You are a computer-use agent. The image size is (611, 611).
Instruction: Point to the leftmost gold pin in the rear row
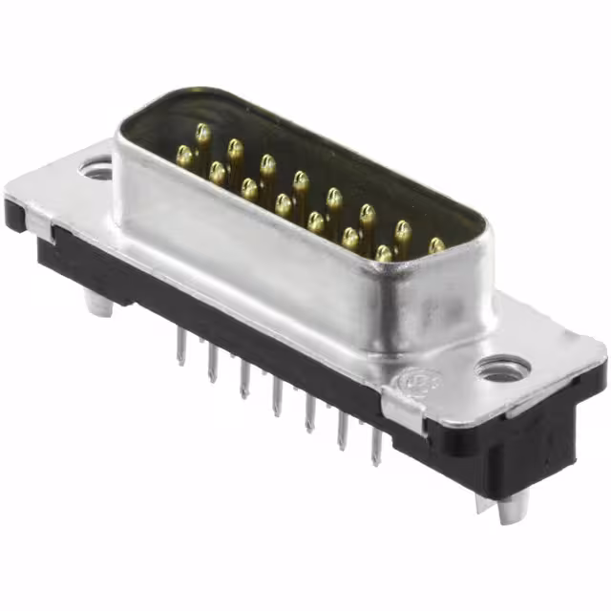tap(202, 133)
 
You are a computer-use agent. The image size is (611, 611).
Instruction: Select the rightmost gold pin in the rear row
tap(436, 245)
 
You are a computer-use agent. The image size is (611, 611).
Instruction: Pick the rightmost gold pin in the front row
tap(384, 253)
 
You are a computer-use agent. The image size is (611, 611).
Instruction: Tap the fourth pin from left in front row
tap(284, 203)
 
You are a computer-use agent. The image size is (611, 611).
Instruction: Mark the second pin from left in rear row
tap(235, 148)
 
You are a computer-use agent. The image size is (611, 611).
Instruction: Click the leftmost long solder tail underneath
tap(179, 348)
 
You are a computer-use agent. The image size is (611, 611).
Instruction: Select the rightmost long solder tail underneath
tap(376, 446)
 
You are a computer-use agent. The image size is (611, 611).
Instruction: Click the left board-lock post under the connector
tap(98, 303)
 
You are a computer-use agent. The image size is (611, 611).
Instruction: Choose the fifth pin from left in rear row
tap(334, 198)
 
